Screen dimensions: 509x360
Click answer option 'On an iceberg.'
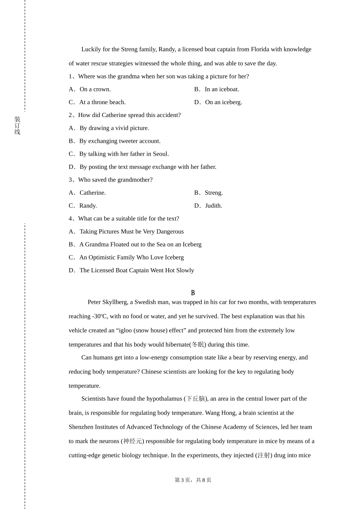[223, 102]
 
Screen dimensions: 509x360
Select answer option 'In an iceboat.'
[222, 89]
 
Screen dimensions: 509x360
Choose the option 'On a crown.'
[95, 89]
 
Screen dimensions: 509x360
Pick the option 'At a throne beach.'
[102, 102]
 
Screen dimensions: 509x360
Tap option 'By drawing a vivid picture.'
[114, 128]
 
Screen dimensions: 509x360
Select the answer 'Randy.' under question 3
[88, 206]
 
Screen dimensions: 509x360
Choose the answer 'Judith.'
[213, 206]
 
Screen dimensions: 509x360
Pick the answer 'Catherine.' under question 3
[92, 193]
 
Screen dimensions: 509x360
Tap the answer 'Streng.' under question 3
[214, 193]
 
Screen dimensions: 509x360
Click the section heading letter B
[193, 293]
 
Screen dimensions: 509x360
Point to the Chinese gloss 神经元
[132, 441]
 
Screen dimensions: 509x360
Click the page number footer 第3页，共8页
[193, 480]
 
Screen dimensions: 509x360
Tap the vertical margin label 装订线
[17, 125]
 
